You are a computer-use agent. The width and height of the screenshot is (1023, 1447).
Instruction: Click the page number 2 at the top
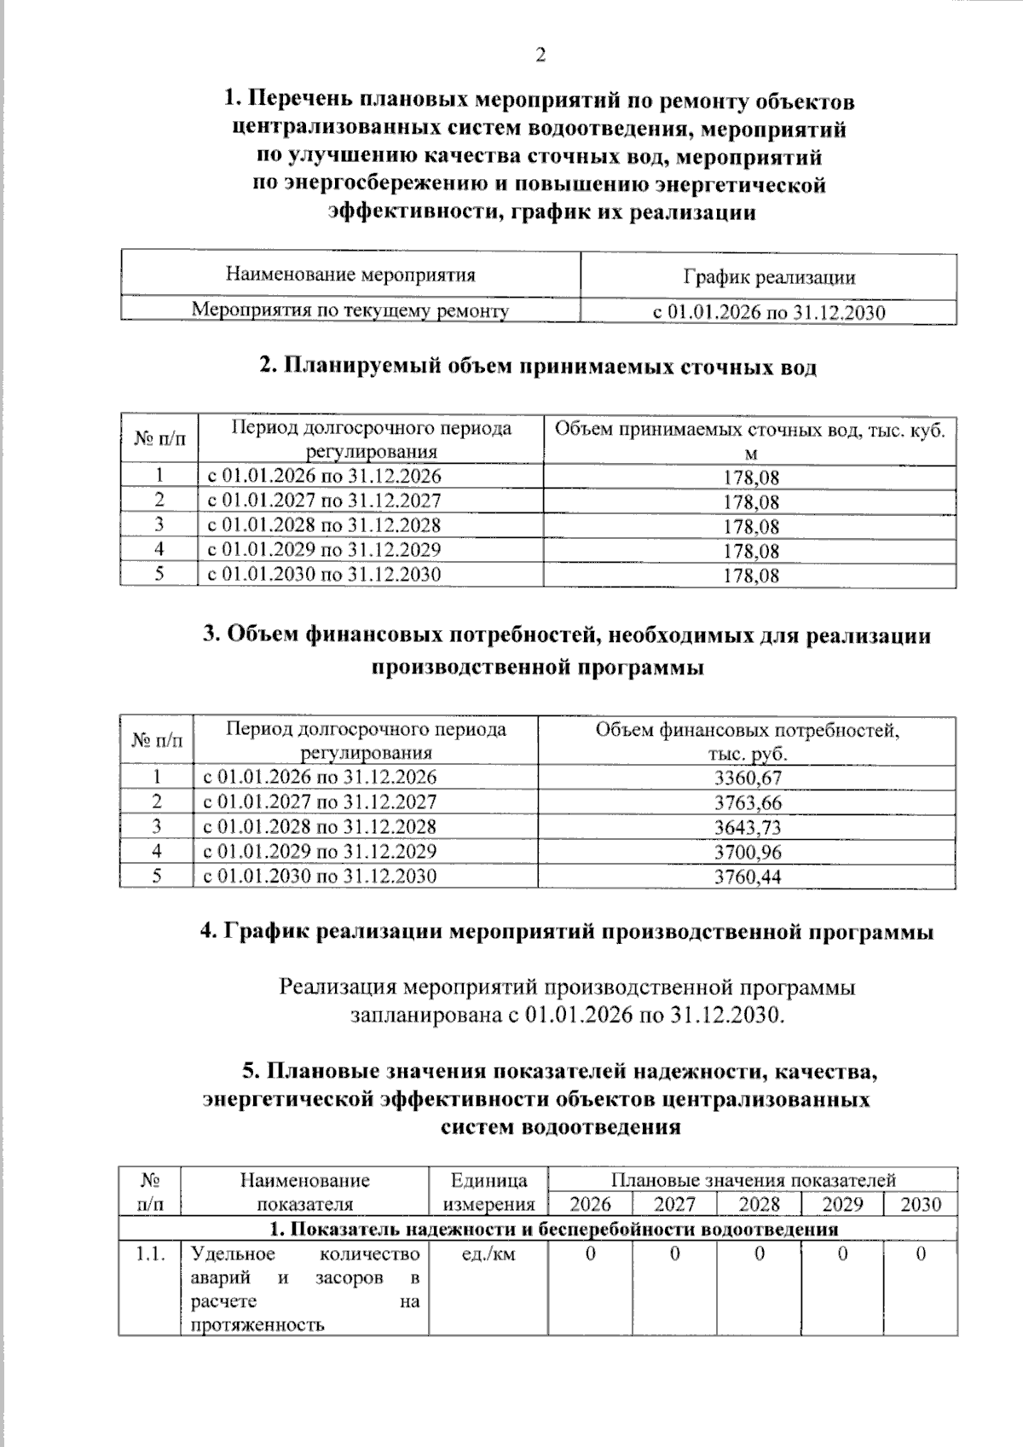pyautogui.click(x=539, y=56)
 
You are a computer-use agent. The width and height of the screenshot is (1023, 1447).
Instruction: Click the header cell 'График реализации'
pyautogui.click(x=769, y=277)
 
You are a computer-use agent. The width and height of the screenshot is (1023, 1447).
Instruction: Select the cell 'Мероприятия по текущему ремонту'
pyautogui.click(x=350, y=310)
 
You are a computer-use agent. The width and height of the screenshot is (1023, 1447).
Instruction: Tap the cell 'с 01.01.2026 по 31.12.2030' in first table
pyautogui.click(x=769, y=313)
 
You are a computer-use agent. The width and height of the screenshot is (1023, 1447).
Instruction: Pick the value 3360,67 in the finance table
pyautogui.click(x=748, y=778)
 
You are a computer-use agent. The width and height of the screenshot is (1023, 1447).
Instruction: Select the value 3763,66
pyautogui.click(x=748, y=802)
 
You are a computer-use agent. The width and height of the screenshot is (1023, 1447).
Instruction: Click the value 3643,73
pyautogui.click(x=748, y=827)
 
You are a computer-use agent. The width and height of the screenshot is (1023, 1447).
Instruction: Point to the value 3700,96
pyautogui.click(x=748, y=852)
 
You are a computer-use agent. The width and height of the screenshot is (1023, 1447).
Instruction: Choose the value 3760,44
pyautogui.click(x=748, y=877)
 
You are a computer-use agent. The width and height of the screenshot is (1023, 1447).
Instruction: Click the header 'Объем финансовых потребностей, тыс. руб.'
pyautogui.click(x=748, y=742)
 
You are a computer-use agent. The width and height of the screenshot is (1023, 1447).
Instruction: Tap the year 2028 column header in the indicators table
pyautogui.click(x=759, y=1204)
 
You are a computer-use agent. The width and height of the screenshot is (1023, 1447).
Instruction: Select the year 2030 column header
pyautogui.click(x=921, y=1204)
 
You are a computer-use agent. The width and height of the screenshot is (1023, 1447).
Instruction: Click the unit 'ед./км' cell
pyautogui.click(x=488, y=1254)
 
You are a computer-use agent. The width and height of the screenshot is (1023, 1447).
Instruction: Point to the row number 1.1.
pyautogui.click(x=151, y=1254)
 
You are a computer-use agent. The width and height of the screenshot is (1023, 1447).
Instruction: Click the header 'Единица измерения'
pyautogui.click(x=488, y=1192)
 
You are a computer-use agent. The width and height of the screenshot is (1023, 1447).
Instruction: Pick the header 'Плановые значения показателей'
pyautogui.click(x=753, y=1180)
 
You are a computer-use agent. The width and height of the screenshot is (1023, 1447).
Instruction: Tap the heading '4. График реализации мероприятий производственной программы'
pyautogui.click(x=567, y=931)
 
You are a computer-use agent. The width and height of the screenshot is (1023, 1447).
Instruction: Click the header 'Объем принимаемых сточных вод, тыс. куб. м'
pyautogui.click(x=750, y=440)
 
